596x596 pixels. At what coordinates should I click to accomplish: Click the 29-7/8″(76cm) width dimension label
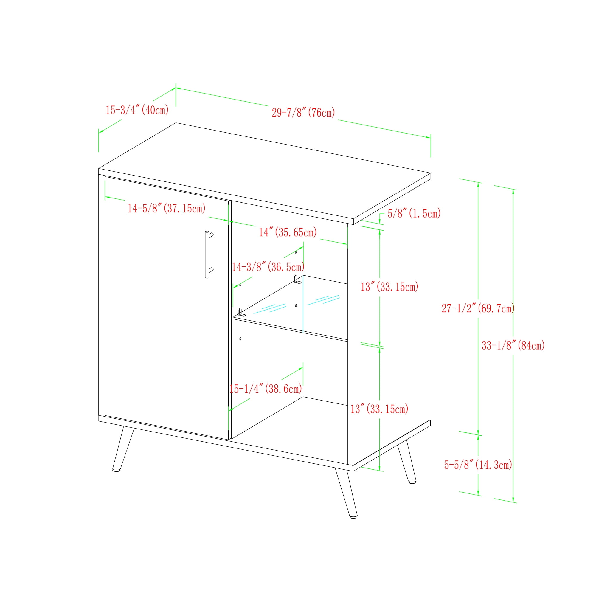[303, 113]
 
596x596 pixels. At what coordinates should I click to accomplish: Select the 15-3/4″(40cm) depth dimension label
[137, 110]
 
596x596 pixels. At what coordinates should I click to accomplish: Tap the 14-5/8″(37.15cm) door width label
[167, 209]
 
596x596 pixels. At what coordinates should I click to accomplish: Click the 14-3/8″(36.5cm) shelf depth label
[268, 267]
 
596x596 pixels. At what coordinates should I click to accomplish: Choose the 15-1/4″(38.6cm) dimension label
[266, 389]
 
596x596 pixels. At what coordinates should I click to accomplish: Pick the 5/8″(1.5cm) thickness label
[414, 213]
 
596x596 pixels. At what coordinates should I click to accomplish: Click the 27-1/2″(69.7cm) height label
[478, 308]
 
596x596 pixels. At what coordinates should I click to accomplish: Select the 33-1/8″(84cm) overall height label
[513, 345]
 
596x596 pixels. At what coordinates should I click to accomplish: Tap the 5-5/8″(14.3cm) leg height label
[478, 465]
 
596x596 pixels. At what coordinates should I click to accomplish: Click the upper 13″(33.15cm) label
[389, 287]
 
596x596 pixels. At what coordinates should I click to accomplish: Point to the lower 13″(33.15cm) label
[379, 409]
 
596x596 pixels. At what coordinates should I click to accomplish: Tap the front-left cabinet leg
[123, 449]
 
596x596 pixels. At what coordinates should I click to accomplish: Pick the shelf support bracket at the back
[297, 280]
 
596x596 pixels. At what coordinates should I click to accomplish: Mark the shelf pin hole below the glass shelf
[240, 339]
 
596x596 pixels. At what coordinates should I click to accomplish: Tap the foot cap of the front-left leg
[116, 471]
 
